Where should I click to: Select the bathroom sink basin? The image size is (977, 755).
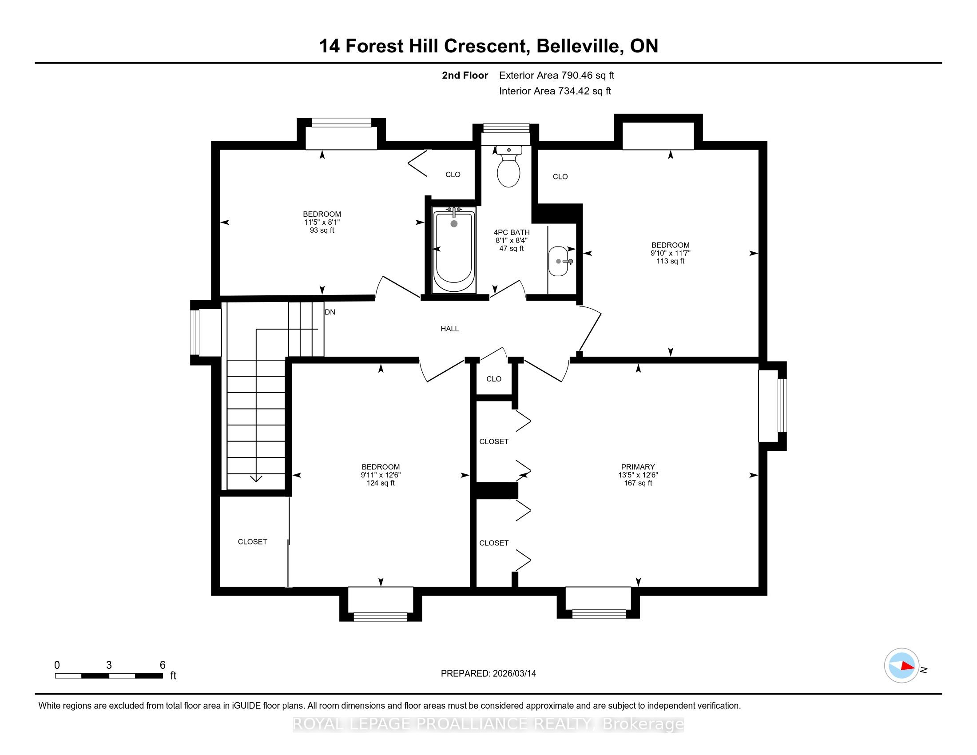coord(558,261)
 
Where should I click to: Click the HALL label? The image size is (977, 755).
coord(449,329)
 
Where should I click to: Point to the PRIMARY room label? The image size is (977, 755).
coord(638,466)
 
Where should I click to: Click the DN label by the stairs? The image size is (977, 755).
coord(330,312)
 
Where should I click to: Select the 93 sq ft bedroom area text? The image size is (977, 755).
coord(322,230)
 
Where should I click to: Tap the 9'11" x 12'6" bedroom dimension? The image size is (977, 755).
coord(381,475)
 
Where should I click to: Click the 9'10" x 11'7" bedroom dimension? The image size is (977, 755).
coord(670,253)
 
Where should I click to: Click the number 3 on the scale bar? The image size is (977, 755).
coord(109,665)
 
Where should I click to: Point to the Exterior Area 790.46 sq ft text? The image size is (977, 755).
coord(556,75)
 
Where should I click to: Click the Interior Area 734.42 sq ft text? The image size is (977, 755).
coord(555,91)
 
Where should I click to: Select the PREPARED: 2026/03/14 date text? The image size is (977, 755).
coord(488,674)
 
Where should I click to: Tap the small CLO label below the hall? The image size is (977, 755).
coord(494,379)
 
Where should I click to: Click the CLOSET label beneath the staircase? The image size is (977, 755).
coord(252,542)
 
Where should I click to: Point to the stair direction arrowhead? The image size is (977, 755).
coord(256,479)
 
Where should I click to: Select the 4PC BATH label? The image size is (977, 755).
coord(511,232)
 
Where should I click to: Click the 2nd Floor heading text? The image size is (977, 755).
coord(465,75)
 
